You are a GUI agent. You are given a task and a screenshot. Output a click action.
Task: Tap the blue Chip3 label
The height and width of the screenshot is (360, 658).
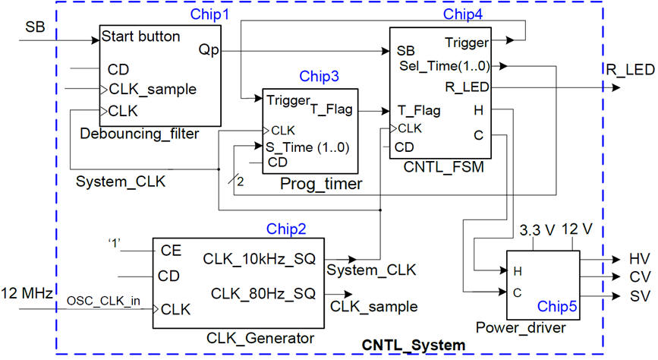tap(320, 76)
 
